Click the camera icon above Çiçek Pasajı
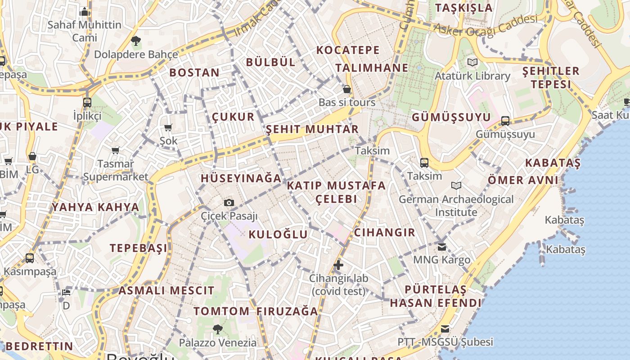tap(229, 202)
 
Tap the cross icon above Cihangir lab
tap(338, 265)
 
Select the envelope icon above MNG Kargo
tap(441, 246)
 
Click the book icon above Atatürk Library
tap(472, 62)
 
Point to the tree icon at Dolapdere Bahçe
tap(136, 41)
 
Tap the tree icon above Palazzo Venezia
tap(218, 329)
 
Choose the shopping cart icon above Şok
tap(168, 127)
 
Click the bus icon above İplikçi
tap(87, 102)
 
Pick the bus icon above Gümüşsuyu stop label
tap(505, 121)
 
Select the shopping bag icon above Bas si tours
tap(347, 89)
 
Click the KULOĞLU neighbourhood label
tap(278, 234)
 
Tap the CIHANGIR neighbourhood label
tap(384, 232)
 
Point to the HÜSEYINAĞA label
tap(241, 178)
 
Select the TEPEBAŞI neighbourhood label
tap(139, 248)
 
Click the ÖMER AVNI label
tap(523, 180)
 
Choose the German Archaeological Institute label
tap(456, 206)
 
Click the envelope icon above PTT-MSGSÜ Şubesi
tap(445, 328)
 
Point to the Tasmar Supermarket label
tap(116, 170)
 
